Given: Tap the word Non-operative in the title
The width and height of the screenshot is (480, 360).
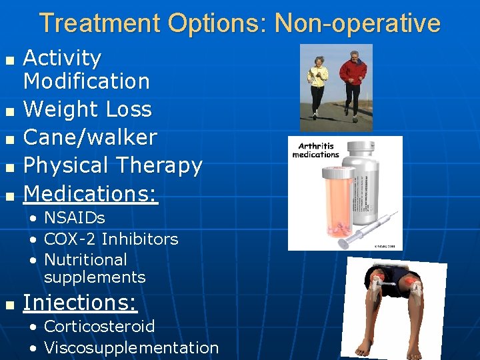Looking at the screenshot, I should [x=357, y=23].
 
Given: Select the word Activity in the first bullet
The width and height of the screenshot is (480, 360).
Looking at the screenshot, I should [x=62, y=59].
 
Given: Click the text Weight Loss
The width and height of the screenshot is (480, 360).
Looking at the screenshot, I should [x=87, y=109].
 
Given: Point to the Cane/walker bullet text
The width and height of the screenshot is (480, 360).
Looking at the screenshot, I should [x=90, y=137].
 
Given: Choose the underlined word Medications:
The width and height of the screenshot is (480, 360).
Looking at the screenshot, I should [x=91, y=193].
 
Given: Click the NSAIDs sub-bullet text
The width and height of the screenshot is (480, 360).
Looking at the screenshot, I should [x=74, y=218].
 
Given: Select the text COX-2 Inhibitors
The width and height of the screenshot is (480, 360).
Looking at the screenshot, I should [x=111, y=239].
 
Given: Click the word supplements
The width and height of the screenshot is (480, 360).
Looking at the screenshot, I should [x=94, y=277].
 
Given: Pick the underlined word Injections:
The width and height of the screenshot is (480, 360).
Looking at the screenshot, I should [x=80, y=303].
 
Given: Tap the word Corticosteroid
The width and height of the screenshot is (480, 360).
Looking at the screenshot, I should [x=99, y=327].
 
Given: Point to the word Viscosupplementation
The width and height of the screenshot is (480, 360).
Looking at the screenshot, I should [x=131, y=347].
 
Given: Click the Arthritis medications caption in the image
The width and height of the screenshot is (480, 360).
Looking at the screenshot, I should [x=315, y=150].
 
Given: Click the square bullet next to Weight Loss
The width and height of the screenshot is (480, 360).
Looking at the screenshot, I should [x=9, y=110].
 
